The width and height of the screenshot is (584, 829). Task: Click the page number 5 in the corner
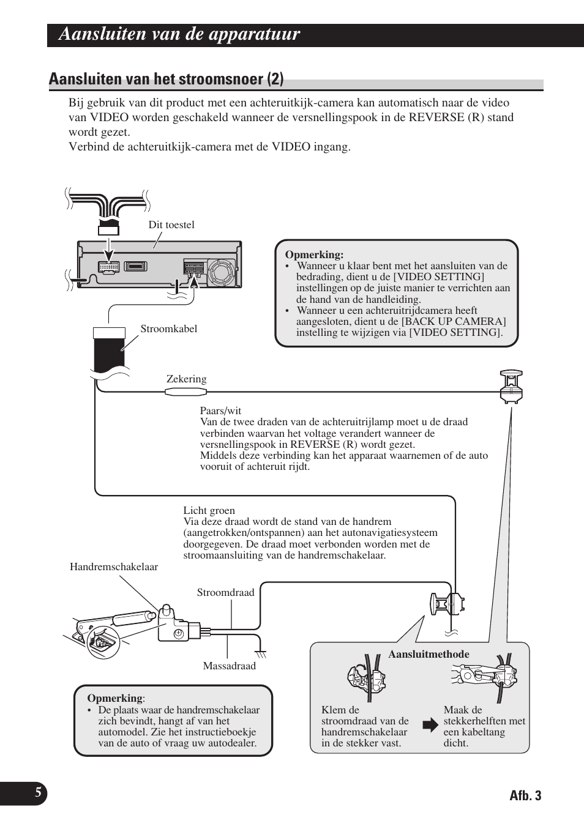click(38, 792)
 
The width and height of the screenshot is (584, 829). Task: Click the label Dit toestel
click(171, 225)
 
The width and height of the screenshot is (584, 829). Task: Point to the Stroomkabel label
click(168, 329)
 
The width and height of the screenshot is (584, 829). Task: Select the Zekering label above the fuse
click(186, 379)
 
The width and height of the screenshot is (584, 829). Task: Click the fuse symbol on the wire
click(186, 392)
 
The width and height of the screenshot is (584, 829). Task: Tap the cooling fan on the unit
click(221, 272)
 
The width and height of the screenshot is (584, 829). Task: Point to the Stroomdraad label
click(225, 592)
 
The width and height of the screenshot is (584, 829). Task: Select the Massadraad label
click(229, 666)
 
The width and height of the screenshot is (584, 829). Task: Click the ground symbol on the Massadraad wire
click(261, 655)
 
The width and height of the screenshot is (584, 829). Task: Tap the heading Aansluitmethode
click(429, 654)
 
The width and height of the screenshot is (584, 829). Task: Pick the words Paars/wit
click(220, 411)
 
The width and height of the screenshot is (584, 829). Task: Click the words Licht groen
click(209, 510)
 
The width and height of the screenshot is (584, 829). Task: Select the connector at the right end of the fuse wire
click(511, 387)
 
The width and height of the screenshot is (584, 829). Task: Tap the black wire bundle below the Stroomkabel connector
click(109, 355)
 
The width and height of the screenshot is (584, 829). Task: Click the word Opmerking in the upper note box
click(314, 255)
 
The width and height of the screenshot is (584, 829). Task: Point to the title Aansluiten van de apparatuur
click(179, 34)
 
